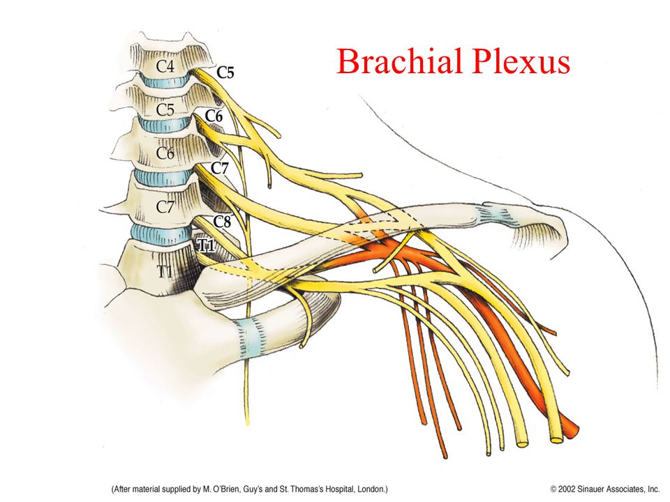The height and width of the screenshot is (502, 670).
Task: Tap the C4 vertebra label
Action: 165,66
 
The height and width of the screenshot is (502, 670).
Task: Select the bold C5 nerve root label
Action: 225,71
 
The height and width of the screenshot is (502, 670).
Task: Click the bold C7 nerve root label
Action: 220,168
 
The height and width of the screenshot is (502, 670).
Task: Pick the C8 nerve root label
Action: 222,222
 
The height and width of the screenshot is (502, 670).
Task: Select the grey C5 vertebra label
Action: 165,109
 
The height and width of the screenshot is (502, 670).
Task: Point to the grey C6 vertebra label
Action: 165,153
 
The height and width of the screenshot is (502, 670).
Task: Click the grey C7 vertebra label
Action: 165,207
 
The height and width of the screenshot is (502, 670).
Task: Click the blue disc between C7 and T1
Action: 159,231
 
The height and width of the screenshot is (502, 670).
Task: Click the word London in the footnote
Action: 364,489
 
